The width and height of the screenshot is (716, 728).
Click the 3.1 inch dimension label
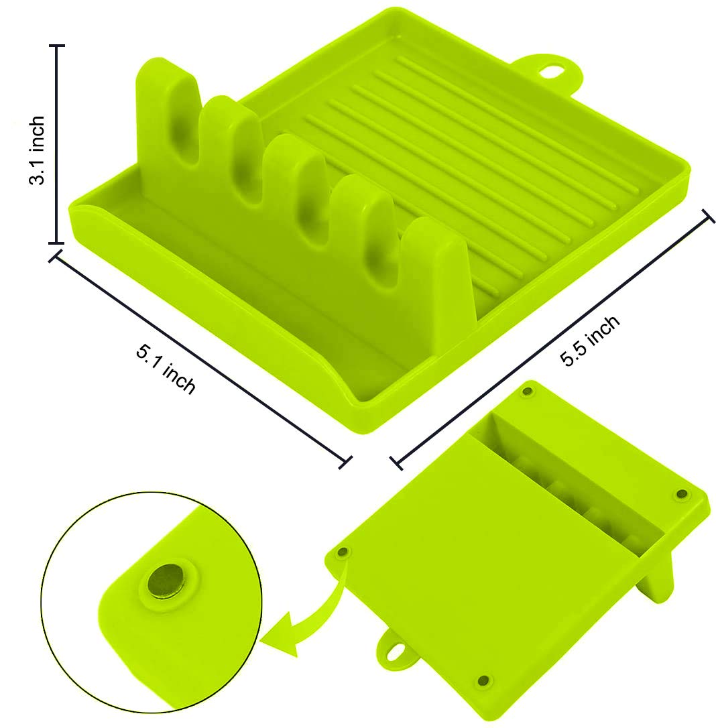(x=37, y=150)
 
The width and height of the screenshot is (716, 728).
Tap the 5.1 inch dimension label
(x=166, y=369)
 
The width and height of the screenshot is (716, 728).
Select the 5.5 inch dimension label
(x=590, y=341)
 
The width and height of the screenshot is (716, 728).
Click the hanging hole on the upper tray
(x=550, y=71)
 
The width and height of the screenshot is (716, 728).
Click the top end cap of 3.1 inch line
(x=56, y=46)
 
